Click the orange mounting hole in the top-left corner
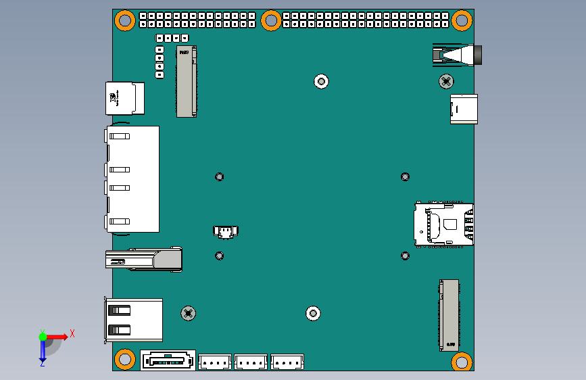click(124, 20)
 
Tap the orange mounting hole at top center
click(270, 20)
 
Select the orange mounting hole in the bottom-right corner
click(461, 361)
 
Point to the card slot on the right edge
click(444, 225)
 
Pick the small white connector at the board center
click(225, 232)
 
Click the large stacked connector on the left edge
click(132, 179)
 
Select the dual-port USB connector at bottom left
click(133, 319)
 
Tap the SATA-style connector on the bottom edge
click(168, 360)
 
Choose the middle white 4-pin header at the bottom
click(251, 362)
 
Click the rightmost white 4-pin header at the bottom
click(287, 362)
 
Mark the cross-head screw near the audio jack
click(446, 81)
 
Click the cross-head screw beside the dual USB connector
click(189, 313)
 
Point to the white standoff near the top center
click(322, 82)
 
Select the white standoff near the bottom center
click(312, 314)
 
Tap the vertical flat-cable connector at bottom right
click(449, 314)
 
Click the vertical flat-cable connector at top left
click(187, 81)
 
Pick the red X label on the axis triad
click(72, 333)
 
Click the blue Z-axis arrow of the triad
click(43, 350)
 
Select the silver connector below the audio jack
click(464, 109)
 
